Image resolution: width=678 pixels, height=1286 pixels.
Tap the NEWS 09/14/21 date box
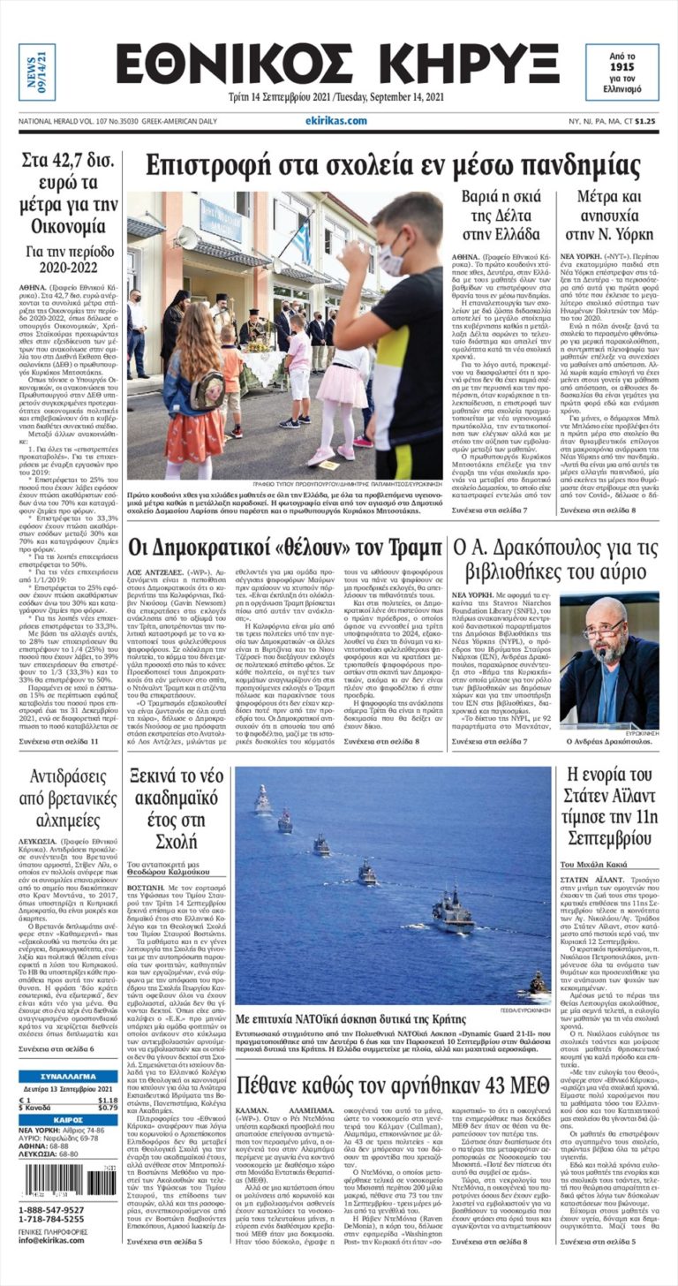click(x=36, y=72)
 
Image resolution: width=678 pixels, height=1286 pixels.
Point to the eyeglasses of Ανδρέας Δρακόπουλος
click(x=606, y=632)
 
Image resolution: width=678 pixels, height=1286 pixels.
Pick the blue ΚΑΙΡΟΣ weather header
click(x=68, y=1119)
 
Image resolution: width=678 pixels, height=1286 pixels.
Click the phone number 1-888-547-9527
click(x=53, y=1209)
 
